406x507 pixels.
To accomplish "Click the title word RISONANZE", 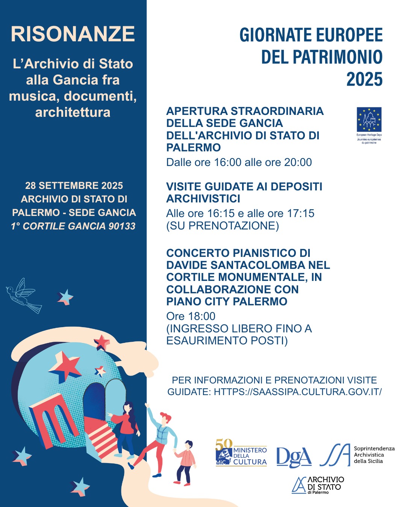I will [x=73, y=34].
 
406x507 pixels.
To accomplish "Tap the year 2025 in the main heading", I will [x=364, y=80].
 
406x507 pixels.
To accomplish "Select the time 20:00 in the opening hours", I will [x=298, y=162].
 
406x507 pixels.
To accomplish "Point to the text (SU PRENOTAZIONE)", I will [x=223, y=226].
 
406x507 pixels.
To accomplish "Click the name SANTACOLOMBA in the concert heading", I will [x=258, y=265].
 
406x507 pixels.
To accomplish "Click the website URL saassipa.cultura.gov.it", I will [x=298, y=392].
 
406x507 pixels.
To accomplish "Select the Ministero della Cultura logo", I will [x=241, y=453].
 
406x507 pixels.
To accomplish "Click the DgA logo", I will [x=294, y=457].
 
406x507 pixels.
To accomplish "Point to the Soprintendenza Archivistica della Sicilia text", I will [x=374, y=455].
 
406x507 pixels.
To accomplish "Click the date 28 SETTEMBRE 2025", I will [x=74, y=186].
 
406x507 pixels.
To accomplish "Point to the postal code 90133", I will [x=122, y=226].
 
